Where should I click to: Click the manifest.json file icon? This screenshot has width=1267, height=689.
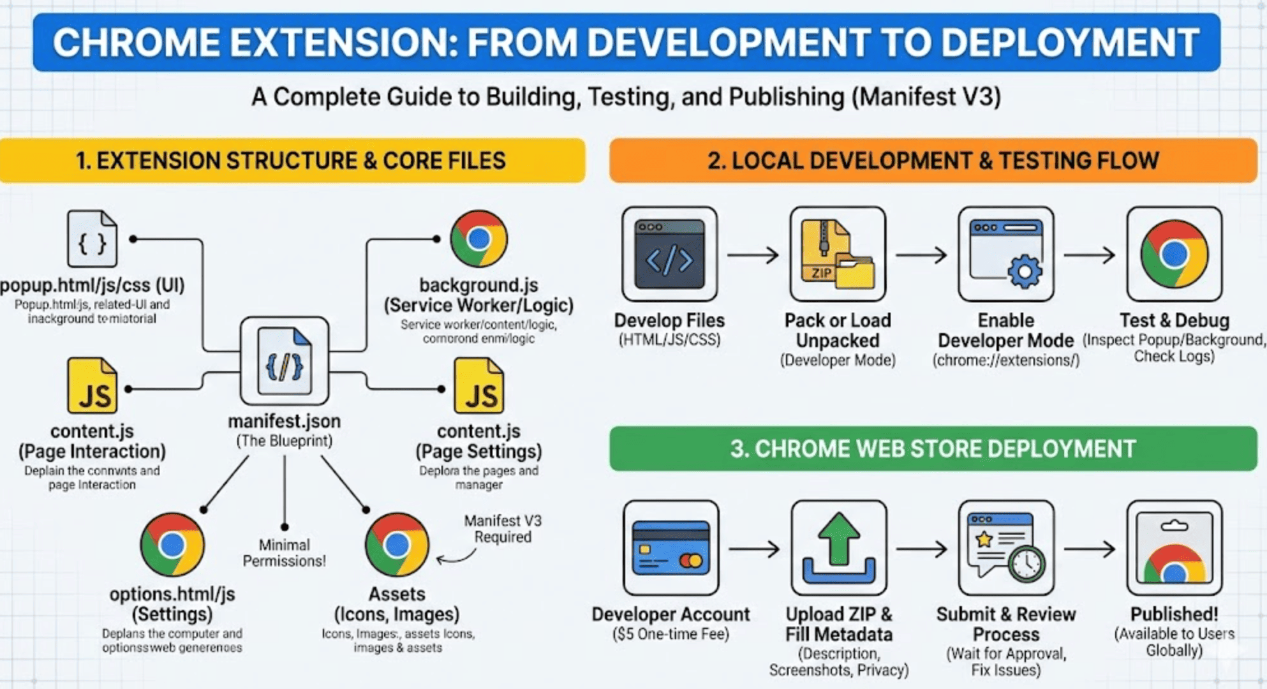click(x=285, y=362)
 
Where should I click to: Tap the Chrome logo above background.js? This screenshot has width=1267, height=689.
click(x=478, y=239)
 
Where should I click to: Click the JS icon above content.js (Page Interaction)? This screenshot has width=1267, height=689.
click(x=93, y=387)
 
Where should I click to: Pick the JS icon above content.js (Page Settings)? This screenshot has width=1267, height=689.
click(x=479, y=387)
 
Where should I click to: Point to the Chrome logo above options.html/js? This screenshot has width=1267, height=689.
click(x=172, y=544)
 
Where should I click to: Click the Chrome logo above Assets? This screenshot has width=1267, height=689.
click(x=397, y=544)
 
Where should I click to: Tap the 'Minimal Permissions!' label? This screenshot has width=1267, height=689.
click(x=285, y=552)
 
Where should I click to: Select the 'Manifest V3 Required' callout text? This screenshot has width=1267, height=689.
click(x=503, y=529)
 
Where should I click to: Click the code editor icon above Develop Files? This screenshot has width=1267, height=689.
click(x=669, y=254)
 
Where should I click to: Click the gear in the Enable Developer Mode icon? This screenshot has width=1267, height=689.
click(x=1025, y=271)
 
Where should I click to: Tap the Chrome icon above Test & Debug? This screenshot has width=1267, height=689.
click(x=1174, y=254)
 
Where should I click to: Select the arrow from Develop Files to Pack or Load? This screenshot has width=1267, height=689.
click(x=753, y=255)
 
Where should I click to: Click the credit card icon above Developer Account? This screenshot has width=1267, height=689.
click(x=671, y=548)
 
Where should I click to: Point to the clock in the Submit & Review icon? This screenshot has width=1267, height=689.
click(x=1027, y=563)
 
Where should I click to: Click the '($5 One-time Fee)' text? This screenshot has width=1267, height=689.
click(x=671, y=634)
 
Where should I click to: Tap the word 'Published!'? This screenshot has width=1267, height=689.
click(x=1174, y=614)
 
